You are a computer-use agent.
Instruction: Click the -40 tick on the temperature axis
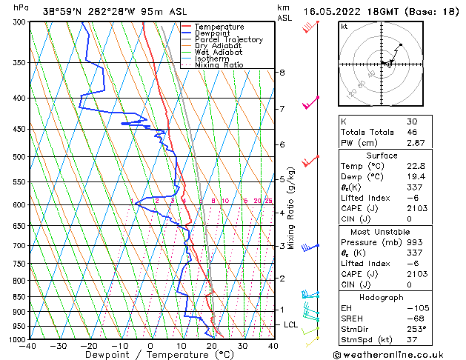pos(29,346)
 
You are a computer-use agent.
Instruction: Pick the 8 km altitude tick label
pos(282,73)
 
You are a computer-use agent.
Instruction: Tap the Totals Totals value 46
pos(412,132)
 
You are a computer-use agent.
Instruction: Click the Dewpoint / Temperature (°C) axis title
pos(150,355)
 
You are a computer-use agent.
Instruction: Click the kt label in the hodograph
pos(344,26)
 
